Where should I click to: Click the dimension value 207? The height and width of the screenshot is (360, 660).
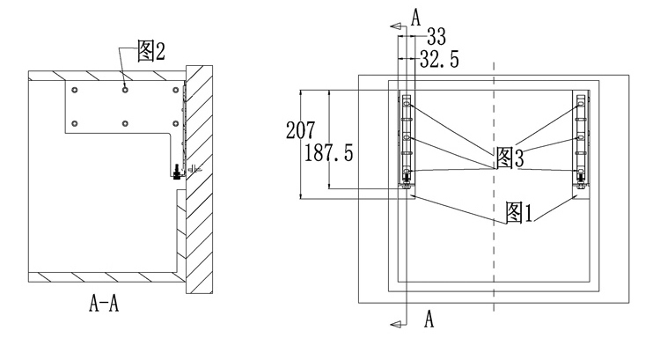(300, 130)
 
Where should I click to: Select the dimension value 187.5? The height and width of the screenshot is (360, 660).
(328, 152)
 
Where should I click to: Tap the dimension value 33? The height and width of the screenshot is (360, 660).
(436, 37)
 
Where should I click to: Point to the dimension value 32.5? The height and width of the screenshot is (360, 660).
(439, 59)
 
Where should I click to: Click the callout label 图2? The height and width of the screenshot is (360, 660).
(151, 51)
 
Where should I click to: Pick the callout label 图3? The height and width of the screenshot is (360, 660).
(510, 158)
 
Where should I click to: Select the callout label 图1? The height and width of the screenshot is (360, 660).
(519, 213)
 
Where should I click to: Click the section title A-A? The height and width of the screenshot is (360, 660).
(104, 303)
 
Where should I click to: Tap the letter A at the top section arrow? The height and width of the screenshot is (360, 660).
(416, 18)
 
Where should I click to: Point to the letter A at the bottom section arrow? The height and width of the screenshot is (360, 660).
(429, 319)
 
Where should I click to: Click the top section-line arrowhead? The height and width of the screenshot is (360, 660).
(395, 26)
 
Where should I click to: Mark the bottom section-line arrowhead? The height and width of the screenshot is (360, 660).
(395, 324)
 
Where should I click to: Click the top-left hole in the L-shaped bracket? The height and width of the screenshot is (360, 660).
(75, 90)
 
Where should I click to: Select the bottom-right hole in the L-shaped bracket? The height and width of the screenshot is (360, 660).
(176, 124)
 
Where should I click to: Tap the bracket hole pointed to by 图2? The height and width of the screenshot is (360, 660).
(125, 90)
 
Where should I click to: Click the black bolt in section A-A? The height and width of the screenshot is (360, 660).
(176, 173)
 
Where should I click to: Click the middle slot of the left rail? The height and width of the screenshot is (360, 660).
(407, 137)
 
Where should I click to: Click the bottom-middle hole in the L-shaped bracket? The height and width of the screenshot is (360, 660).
(125, 124)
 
